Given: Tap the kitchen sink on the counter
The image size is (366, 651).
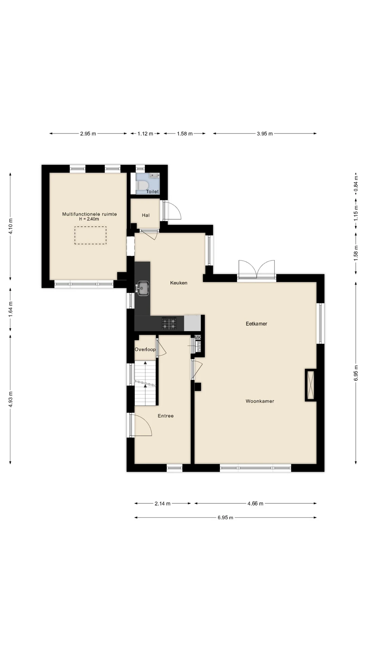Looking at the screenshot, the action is click(143, 288).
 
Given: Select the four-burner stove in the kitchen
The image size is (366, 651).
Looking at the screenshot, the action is click(169, 323).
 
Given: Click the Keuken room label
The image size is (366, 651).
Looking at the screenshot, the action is click(179, 283).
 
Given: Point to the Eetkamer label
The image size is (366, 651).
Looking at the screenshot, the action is click(257, 323).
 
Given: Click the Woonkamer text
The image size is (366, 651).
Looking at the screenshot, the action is click(260, 401).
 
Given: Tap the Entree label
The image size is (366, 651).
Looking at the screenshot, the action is click(166, 416).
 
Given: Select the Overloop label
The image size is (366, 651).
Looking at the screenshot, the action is click(145, 350).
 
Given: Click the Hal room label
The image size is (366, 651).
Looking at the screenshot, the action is click(146, 215).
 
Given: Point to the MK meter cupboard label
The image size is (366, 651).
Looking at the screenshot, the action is click(198, 338).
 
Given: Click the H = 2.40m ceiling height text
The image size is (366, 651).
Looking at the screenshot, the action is click(89, 219).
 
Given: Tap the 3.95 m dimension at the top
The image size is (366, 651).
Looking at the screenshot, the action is click(265, 134).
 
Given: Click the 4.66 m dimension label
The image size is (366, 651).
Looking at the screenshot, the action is click(255, 504).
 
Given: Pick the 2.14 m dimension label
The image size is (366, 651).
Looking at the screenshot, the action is click(162, 504).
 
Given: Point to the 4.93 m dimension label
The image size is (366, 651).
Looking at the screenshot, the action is click(11, 399).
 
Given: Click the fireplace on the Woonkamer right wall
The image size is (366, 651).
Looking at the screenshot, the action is click(310, 385).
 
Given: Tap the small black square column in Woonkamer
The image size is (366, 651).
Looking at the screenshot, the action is click(198, 387).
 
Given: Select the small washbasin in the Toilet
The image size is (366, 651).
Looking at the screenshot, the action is click(155, 176).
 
